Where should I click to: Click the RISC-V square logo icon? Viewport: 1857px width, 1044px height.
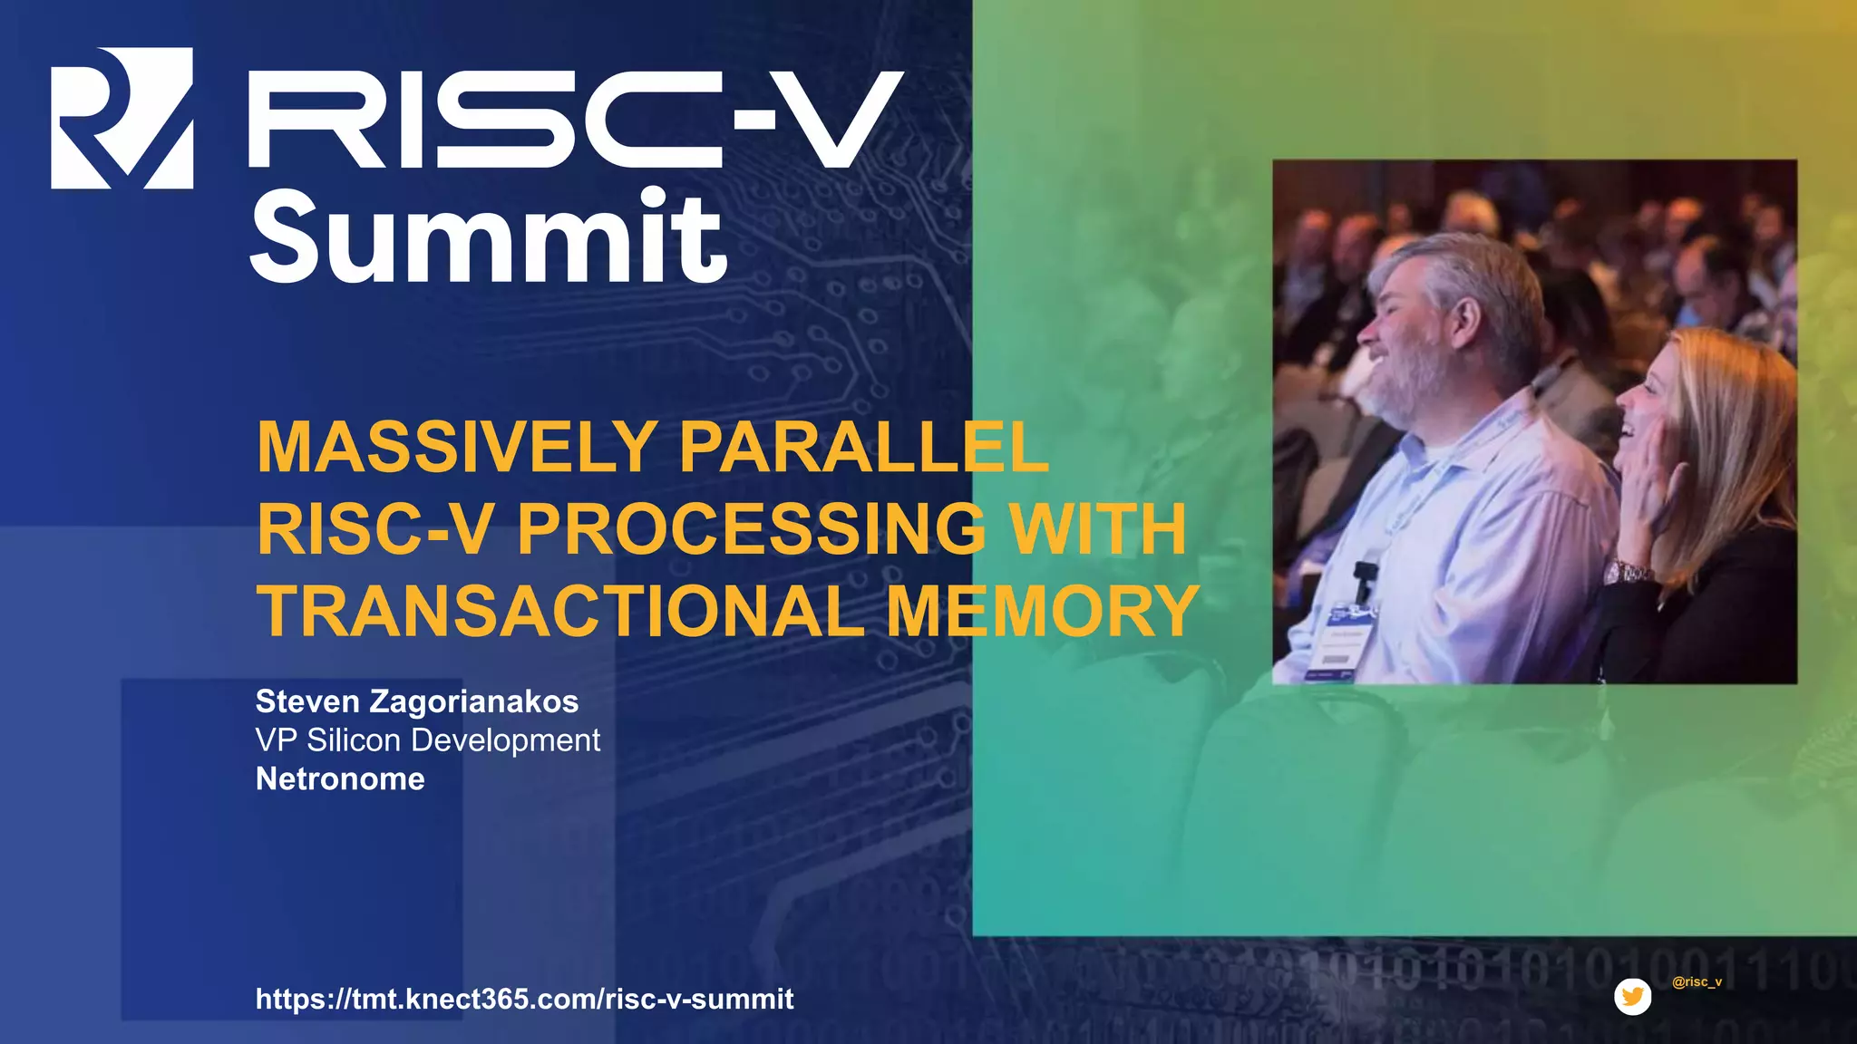[x=122, y=118]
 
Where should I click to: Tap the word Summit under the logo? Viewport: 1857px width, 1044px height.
[x=488, y=237]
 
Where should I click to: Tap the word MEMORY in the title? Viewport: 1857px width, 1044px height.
[x=1043, y=611]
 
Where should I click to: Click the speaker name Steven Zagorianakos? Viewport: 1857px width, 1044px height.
[x=417, y=701]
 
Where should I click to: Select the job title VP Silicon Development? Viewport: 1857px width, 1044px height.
[x=427, y=740]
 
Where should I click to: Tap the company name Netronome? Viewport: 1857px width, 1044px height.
[x=340, y=779]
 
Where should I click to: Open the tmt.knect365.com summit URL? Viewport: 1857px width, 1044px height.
[x=524, y=999]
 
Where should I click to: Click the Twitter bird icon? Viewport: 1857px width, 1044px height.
[x=1632, y=997]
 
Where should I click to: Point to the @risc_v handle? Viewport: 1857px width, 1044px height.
[x=1697, y=981]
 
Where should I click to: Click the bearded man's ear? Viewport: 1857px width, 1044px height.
[x=1465, y=317]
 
